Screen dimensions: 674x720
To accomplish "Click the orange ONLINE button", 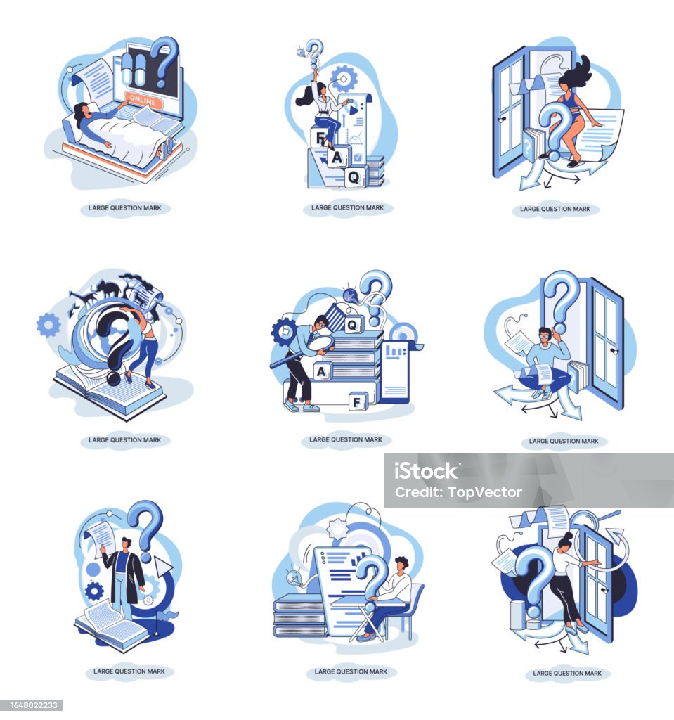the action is (143, 99).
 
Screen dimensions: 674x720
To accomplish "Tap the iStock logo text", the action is (426, 471).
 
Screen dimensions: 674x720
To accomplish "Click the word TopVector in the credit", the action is (485, 493).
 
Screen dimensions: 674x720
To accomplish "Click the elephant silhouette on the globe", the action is (109, 289).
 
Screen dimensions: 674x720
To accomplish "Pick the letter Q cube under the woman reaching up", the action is (354, 176).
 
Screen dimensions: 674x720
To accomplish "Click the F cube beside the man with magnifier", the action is (357, 402).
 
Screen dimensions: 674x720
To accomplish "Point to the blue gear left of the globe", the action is (48, 325).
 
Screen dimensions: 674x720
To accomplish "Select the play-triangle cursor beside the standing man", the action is (162, 567).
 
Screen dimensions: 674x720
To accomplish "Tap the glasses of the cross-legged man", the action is (544, 335).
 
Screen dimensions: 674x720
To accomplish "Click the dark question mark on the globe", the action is (115, 342).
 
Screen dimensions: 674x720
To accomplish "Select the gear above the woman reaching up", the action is (344, 79).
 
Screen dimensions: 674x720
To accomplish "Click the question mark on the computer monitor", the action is (164, 62).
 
